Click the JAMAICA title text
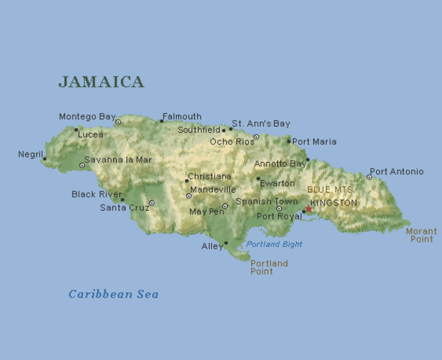[101, 82]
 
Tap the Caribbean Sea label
[113, 294]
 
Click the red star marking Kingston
[307, 209]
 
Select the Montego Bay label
[87, 117]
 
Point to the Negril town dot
[44, 158]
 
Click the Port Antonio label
[396, 172]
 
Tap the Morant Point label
[421, 235]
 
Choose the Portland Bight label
[274, 244]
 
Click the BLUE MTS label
[330, 190]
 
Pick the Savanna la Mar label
[118, 160]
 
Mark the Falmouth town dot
[161, 121]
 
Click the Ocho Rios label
[231, 142]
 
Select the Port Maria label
[315, 142]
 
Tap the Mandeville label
[214, 190]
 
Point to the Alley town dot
[225, 243]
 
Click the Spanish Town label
[267, 202]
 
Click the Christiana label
[210, 176]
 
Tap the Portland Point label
[269, 268]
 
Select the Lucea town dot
[76, 129]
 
